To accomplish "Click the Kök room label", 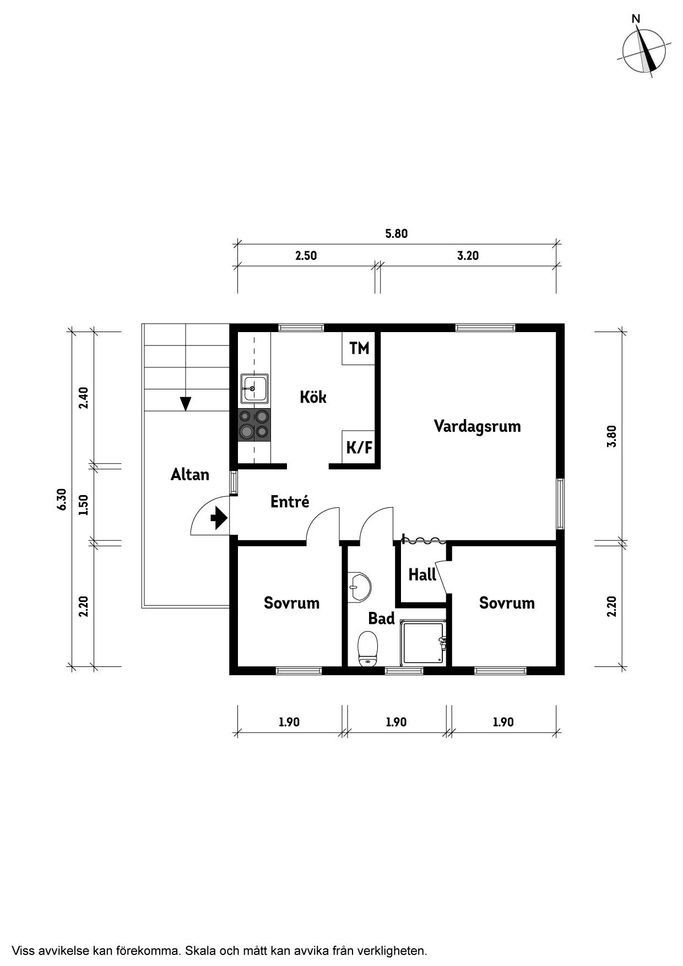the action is (313, 397).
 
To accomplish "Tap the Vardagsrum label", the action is (477, 426).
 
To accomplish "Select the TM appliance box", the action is (359, 348).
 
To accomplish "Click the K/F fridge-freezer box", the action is (359, 447).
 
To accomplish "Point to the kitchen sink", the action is (254, 389).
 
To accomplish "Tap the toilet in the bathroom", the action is (367, 649).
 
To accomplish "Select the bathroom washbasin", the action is (359, 587).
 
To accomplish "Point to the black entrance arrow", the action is (219, 518).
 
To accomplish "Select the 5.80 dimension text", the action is (396, 234).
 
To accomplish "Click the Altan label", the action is (189, 475).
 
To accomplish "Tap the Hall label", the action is (422, 575).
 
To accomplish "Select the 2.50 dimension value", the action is (306, 256).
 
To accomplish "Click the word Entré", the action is (290, 502).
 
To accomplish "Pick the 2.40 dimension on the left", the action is (83, 398).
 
